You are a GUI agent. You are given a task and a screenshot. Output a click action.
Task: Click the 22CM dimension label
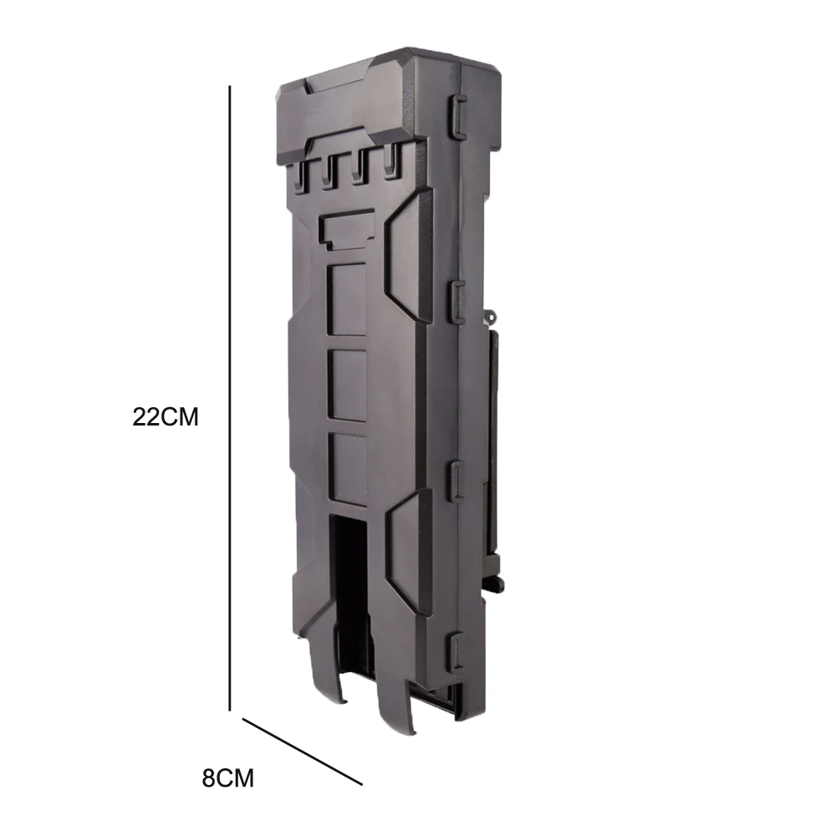166,416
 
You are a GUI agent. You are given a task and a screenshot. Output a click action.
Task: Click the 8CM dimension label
227,777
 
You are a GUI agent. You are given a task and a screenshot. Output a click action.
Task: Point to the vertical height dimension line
230,398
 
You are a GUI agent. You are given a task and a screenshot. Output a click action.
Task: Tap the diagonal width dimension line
303,752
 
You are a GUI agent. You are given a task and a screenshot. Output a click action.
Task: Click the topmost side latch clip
459,115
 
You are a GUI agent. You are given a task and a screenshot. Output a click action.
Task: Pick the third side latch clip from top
458,480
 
